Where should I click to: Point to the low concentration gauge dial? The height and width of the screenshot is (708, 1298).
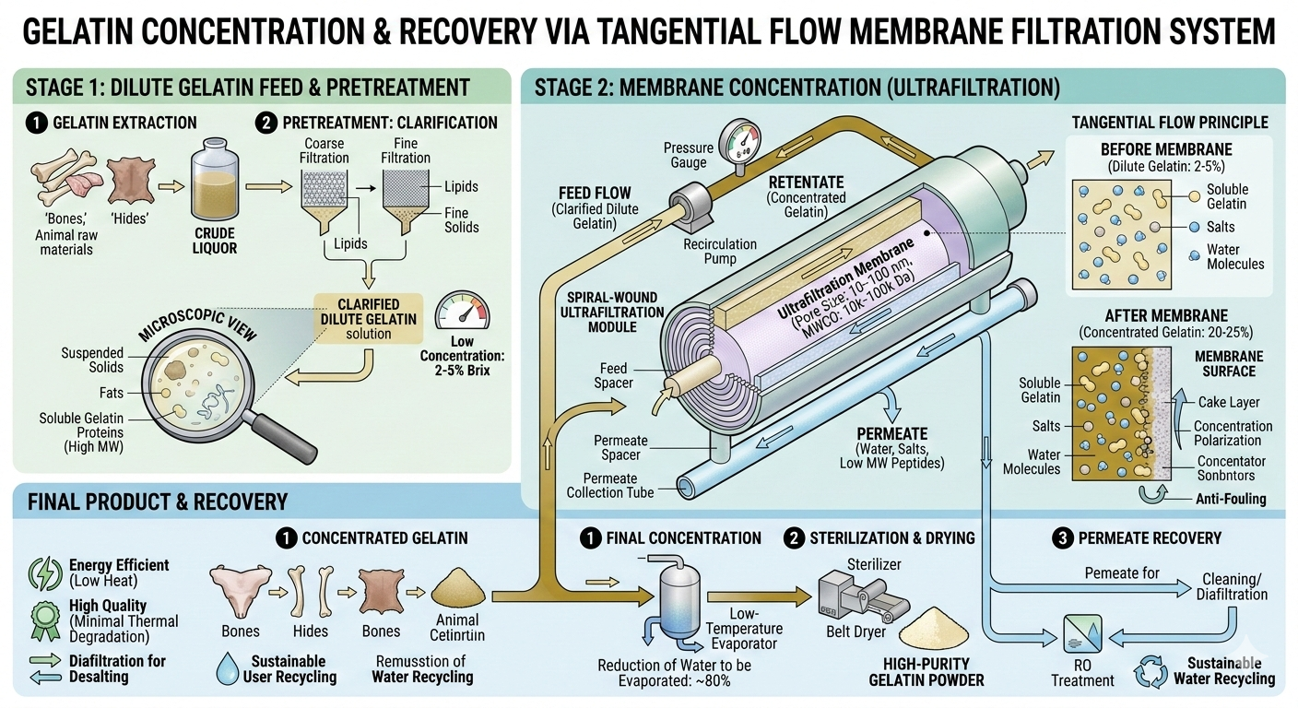click(462, 313)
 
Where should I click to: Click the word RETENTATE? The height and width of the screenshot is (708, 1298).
click(807, 182)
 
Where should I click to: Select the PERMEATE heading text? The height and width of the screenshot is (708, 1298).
click(892, 433)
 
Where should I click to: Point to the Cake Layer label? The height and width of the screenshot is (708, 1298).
click(1229, 402)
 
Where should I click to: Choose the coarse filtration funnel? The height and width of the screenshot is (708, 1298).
click(325, 203)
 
